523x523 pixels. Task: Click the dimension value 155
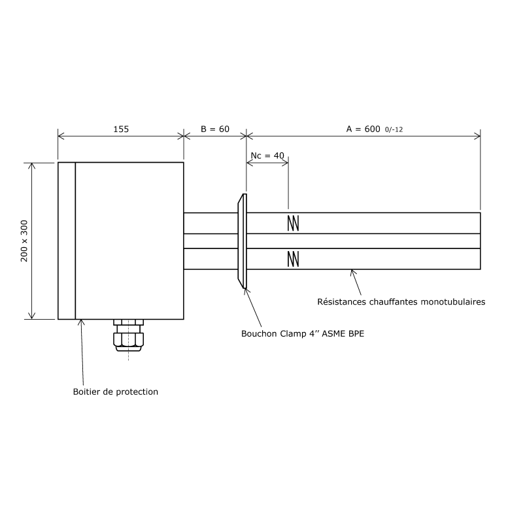pos(121,129)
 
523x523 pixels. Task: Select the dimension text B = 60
pos(214,129)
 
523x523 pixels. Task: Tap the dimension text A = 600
pos(363,129)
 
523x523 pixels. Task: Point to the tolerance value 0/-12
pos(394,129)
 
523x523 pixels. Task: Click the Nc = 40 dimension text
pos(267,156)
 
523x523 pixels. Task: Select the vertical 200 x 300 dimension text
pos(24,241)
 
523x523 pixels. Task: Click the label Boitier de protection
pos(115,392)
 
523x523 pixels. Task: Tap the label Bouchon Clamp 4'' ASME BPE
pos(303,333)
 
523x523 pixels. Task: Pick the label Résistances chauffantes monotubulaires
pos(401,302)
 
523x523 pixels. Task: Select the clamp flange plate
pos(243,241)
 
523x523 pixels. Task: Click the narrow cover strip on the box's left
pos(67,241)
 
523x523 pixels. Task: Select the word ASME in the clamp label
pos(333,333)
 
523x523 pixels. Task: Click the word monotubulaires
pos(453,302)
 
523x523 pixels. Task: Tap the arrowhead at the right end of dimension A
pos(477,136)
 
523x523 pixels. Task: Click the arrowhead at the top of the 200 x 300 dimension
pos(33,166)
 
